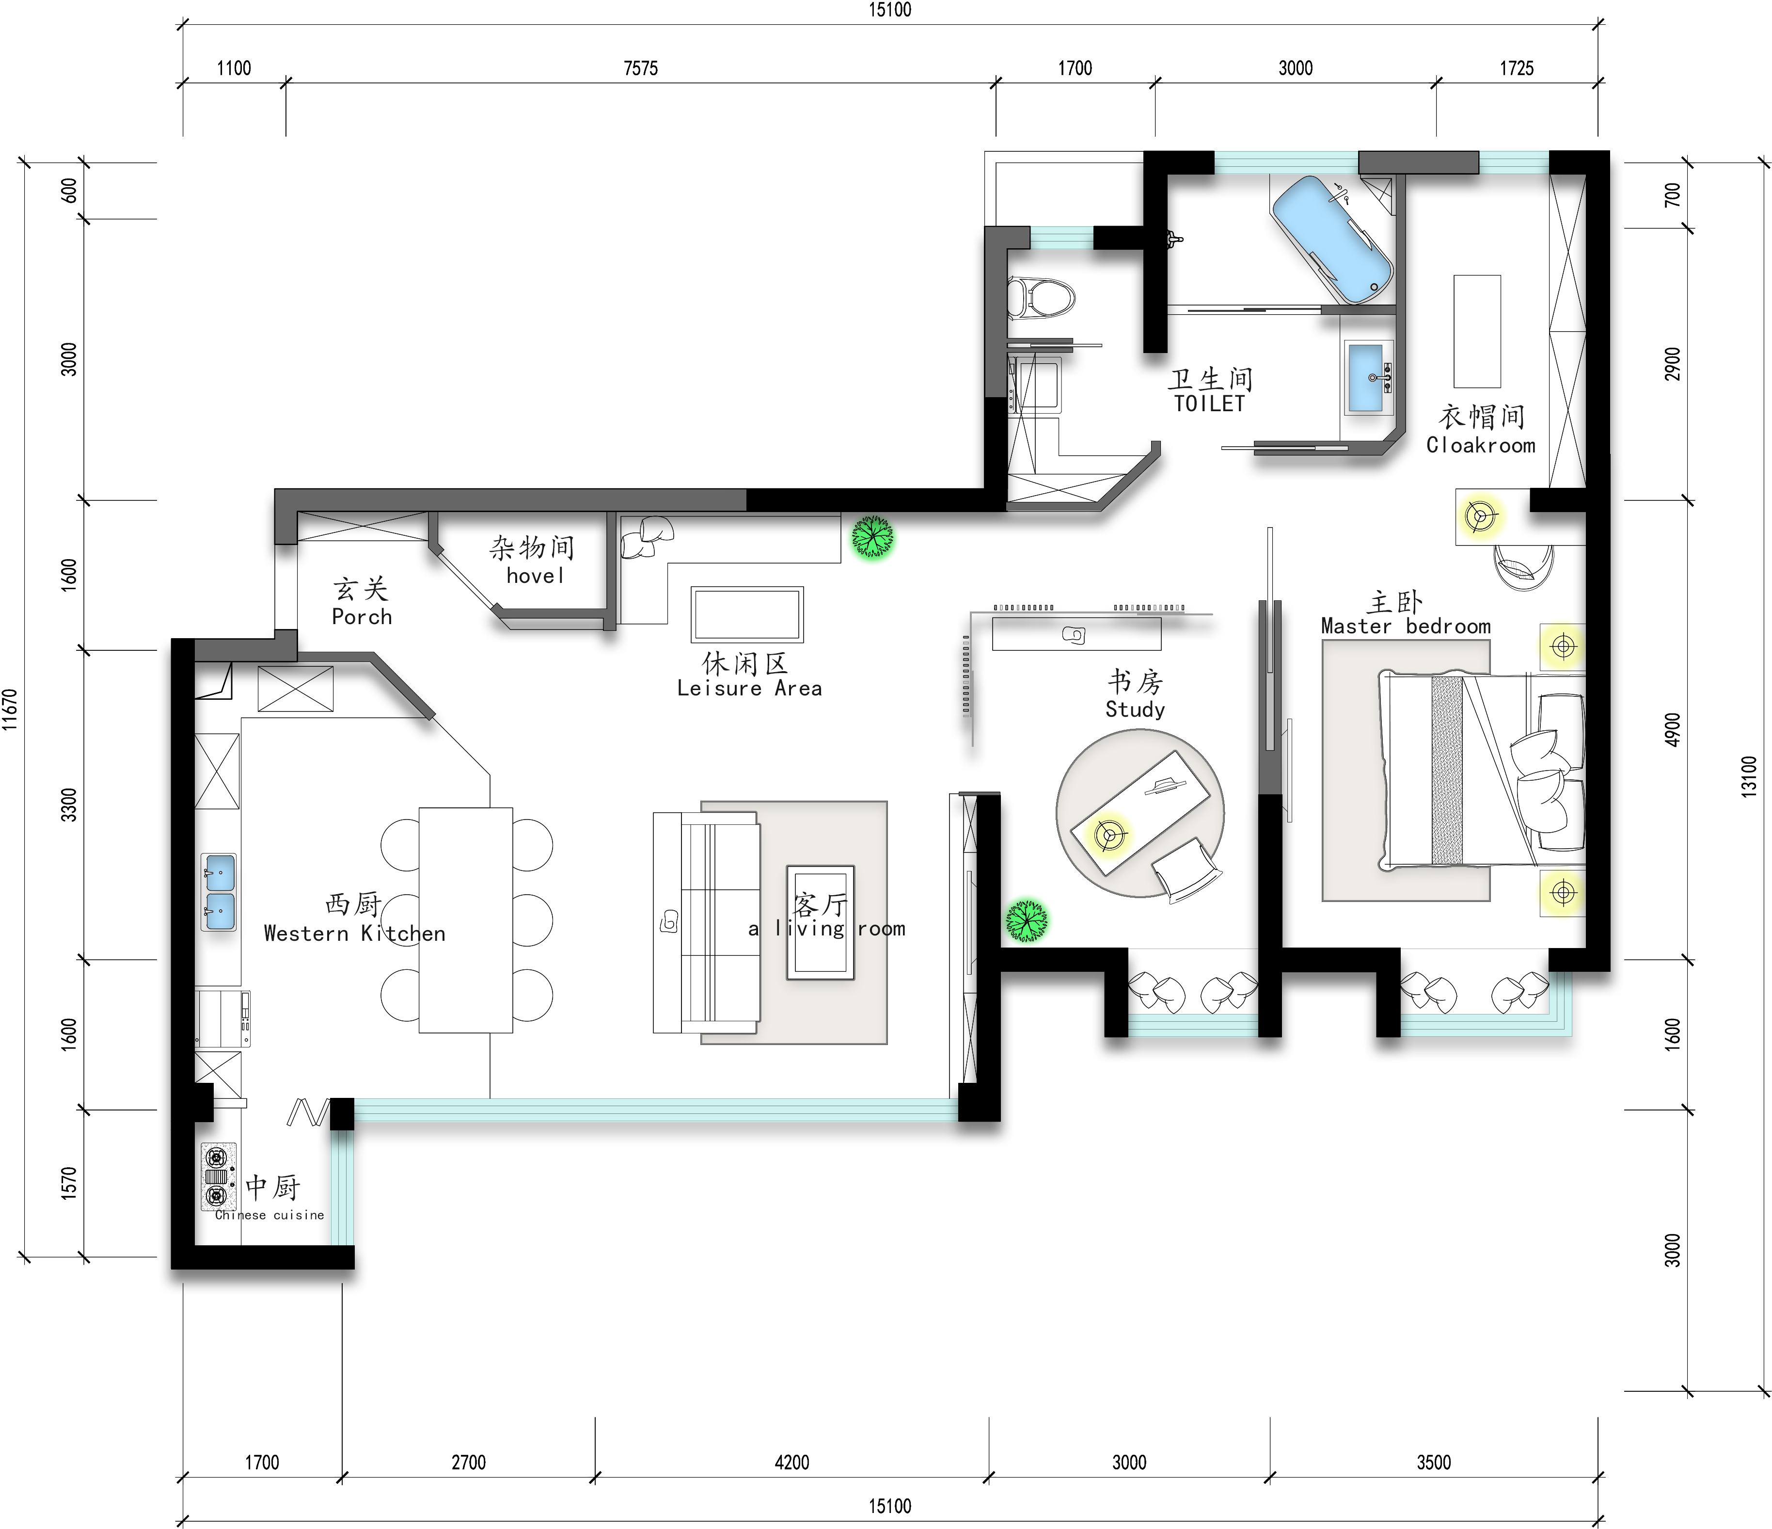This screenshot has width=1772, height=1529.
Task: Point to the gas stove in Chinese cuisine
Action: (x=218, y=1176)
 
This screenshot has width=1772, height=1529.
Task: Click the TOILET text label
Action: (x=1209, y=404)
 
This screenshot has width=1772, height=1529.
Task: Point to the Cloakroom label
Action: (x=1480, y=445)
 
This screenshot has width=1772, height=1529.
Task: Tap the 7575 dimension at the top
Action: (x=641, y=68)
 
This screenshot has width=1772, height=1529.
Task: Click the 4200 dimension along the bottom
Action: (x=792, y=1462)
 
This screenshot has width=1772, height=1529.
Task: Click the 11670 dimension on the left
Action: (x=10, y=709)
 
